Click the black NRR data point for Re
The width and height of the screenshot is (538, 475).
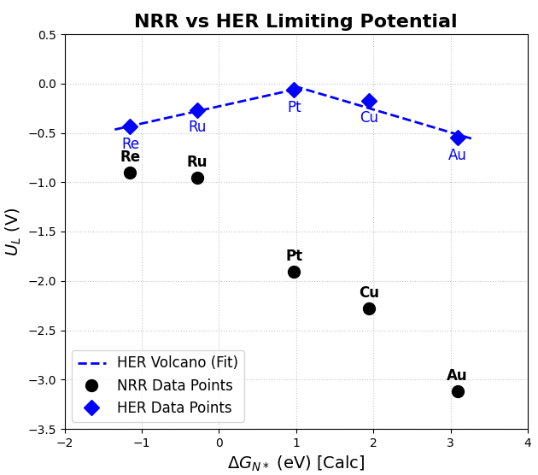tap(130, 173)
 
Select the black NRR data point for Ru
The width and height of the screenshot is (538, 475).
tap(197, 178)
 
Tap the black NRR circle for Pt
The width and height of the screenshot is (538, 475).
tap(294, 272)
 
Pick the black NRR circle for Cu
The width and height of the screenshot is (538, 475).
tap(369, 308)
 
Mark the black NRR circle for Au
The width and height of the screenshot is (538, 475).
tap(458, 391)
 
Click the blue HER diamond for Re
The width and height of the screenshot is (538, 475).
tap(130, 126)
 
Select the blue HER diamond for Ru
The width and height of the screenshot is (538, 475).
tap(197, 110)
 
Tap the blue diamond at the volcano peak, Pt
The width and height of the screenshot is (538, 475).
tap(294, 90)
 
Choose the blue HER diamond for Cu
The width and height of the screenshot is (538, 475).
tap(369, 101)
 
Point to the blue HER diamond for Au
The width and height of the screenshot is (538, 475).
tap(458, 138)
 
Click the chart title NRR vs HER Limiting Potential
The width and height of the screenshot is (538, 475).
tap(295, 21)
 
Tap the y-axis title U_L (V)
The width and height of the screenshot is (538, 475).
tap(13, 232)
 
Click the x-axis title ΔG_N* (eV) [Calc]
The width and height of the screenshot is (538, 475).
tap(295, 463)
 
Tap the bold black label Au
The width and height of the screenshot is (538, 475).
tap(457, 376)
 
